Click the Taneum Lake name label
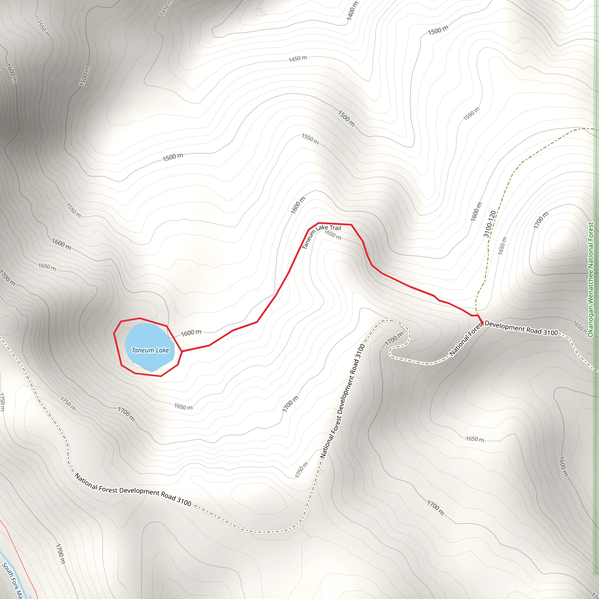[150, 350]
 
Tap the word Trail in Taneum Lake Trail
[335, 228]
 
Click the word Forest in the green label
[591, 232]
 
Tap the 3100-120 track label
[490, 224]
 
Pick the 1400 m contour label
[352, 11]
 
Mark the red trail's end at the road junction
[482, 323]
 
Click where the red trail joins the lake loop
[182, 351]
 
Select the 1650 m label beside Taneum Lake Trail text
[333, 235]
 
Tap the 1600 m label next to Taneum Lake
[191, 333]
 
